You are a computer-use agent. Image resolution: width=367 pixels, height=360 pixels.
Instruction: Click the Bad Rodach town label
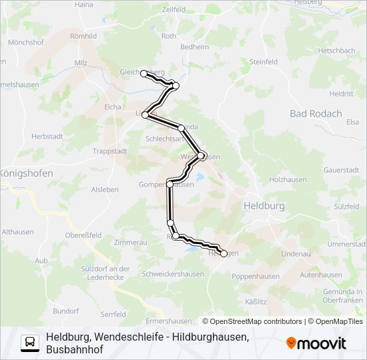[x=316, y=114]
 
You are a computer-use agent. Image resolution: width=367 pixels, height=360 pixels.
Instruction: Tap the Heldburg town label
[x=264, y=207]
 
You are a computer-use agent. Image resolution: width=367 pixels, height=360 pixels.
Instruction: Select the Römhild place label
[x=83, y=36]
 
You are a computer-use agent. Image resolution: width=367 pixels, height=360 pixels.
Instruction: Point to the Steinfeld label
[x=263, y=61]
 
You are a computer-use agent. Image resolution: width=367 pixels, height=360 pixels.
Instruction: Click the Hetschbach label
[x=337, y=50]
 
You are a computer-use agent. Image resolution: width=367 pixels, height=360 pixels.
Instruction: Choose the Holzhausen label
[x=286, y=180]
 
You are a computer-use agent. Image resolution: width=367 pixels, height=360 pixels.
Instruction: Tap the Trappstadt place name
[x=110, y=151]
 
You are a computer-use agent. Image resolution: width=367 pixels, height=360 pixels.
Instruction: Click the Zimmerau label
[x=130, y=243]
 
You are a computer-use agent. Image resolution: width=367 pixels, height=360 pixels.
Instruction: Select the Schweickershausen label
[x=173, y=274]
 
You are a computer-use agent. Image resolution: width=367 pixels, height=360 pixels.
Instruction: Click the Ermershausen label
[x=163, y=321]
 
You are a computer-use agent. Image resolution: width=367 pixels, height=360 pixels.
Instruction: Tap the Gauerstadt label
[x=341, y=170]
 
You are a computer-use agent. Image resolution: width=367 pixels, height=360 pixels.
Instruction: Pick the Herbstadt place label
[x=47, y=136]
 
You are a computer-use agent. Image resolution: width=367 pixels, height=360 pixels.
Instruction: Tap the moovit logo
[x=316, y=343]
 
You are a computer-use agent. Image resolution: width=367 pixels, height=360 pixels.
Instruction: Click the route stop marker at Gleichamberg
[x=143, y=73]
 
